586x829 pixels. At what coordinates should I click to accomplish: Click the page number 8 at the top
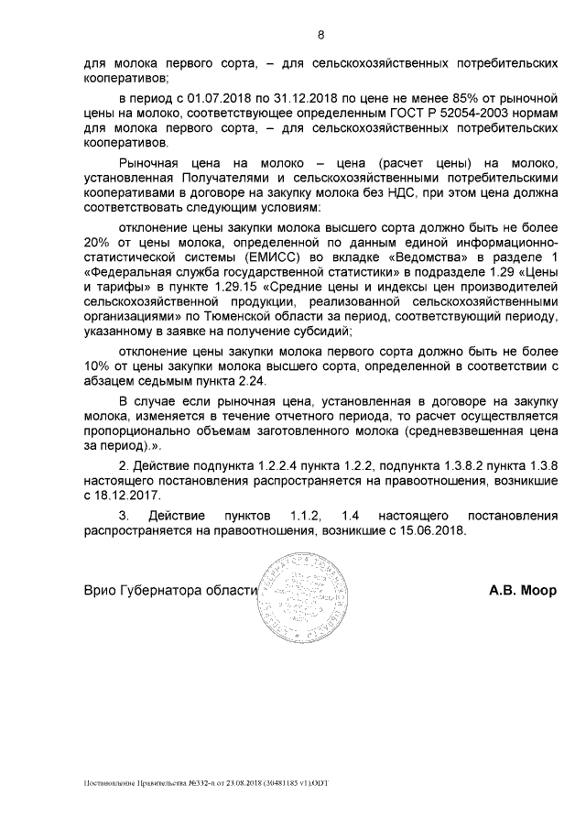click(x=320, y=36)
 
